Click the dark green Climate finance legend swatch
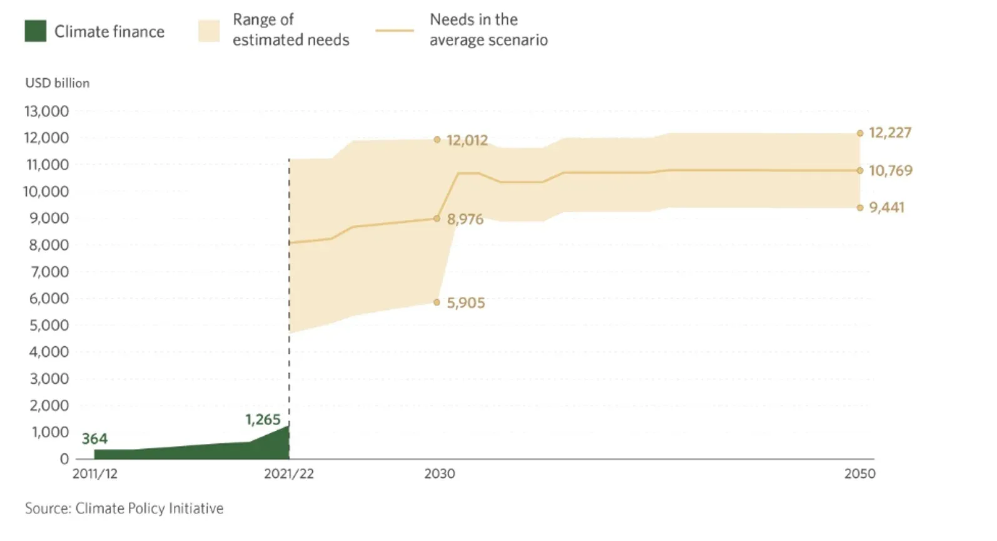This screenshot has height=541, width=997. click(36, 31)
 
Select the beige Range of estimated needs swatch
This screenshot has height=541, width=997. click(209, 31)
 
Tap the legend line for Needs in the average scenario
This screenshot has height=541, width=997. click(395, 30)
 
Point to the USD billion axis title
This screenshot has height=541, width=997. click(58, 83)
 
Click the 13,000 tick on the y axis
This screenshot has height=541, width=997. click(47, 111)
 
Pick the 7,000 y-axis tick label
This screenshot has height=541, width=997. click(49, 272)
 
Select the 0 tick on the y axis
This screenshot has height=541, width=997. click(64, 459)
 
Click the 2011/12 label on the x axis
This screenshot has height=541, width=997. click(95, 474)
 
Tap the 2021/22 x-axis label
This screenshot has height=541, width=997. click(289, 474)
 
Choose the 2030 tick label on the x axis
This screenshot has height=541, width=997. click(440, 474)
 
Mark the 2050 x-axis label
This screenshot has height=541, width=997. click(860, 474)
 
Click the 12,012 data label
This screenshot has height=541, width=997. click(467, 140)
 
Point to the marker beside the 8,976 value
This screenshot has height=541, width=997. click(437, 219)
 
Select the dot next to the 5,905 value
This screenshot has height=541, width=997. click(437, 302)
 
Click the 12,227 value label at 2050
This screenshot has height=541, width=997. click(890, 133)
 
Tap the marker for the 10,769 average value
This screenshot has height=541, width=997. click(860, 170)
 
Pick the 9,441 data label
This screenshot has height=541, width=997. click(886, 207)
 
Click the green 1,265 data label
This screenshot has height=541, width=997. click(263, 420)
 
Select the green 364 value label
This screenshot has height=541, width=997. click(94, 439)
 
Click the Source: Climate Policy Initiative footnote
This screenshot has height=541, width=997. click(124, 508)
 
